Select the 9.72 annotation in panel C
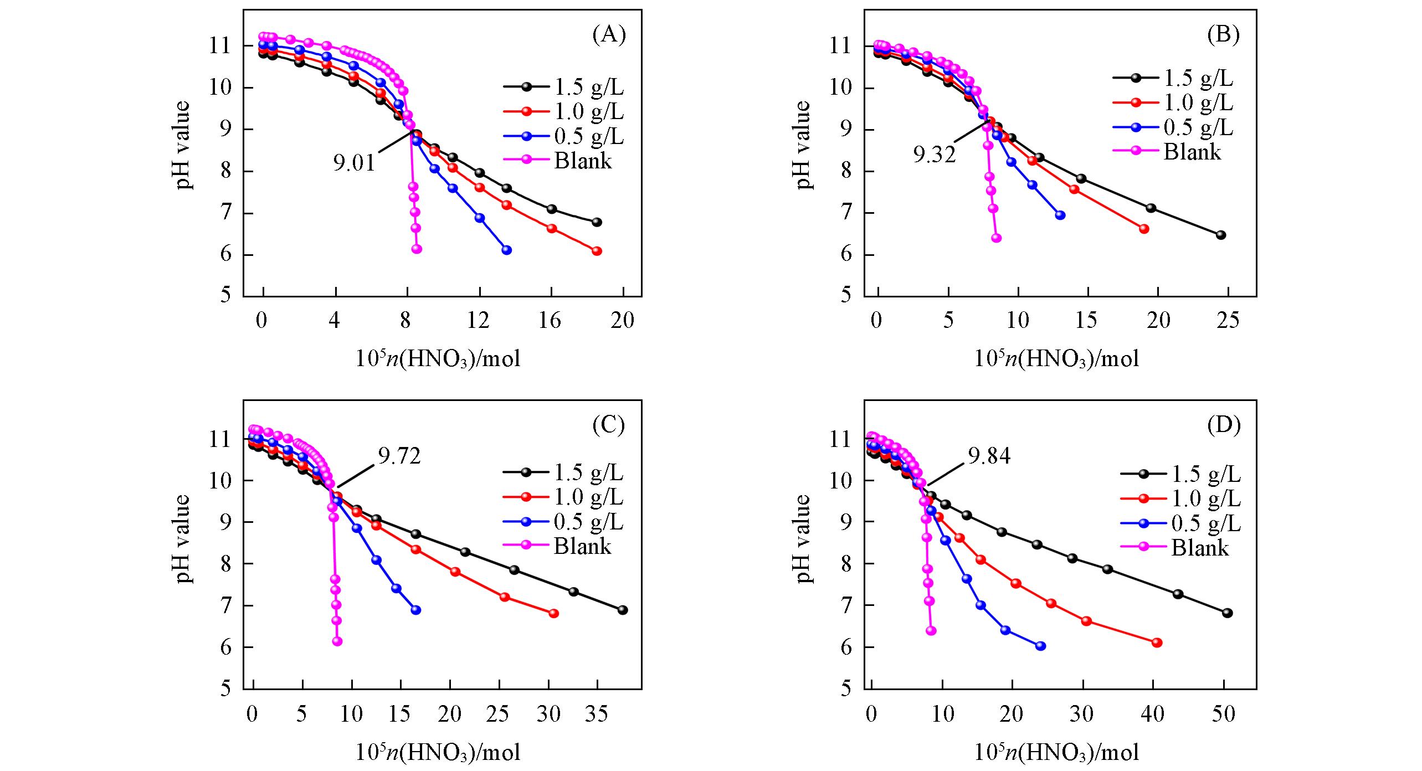399,456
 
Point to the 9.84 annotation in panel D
989,456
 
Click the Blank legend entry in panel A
583,161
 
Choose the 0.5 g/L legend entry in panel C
588,522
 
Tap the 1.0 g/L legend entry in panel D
1206,498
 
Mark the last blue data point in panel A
506,250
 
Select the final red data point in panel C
553,613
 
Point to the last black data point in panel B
1221,235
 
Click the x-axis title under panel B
1057,359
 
